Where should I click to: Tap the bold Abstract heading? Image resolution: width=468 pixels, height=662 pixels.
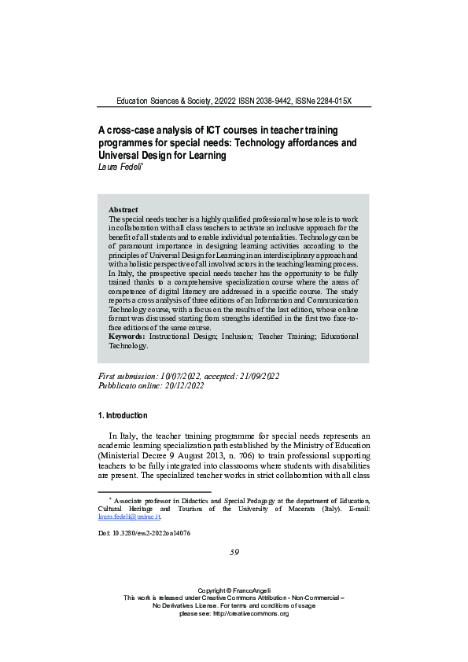coord(123,210)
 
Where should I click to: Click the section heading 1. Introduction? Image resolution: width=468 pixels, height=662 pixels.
coord(122,415)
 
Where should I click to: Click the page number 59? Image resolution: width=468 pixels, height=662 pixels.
coord(234,552)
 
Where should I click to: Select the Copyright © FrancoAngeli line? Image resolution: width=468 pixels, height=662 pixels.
coord(234,612)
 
